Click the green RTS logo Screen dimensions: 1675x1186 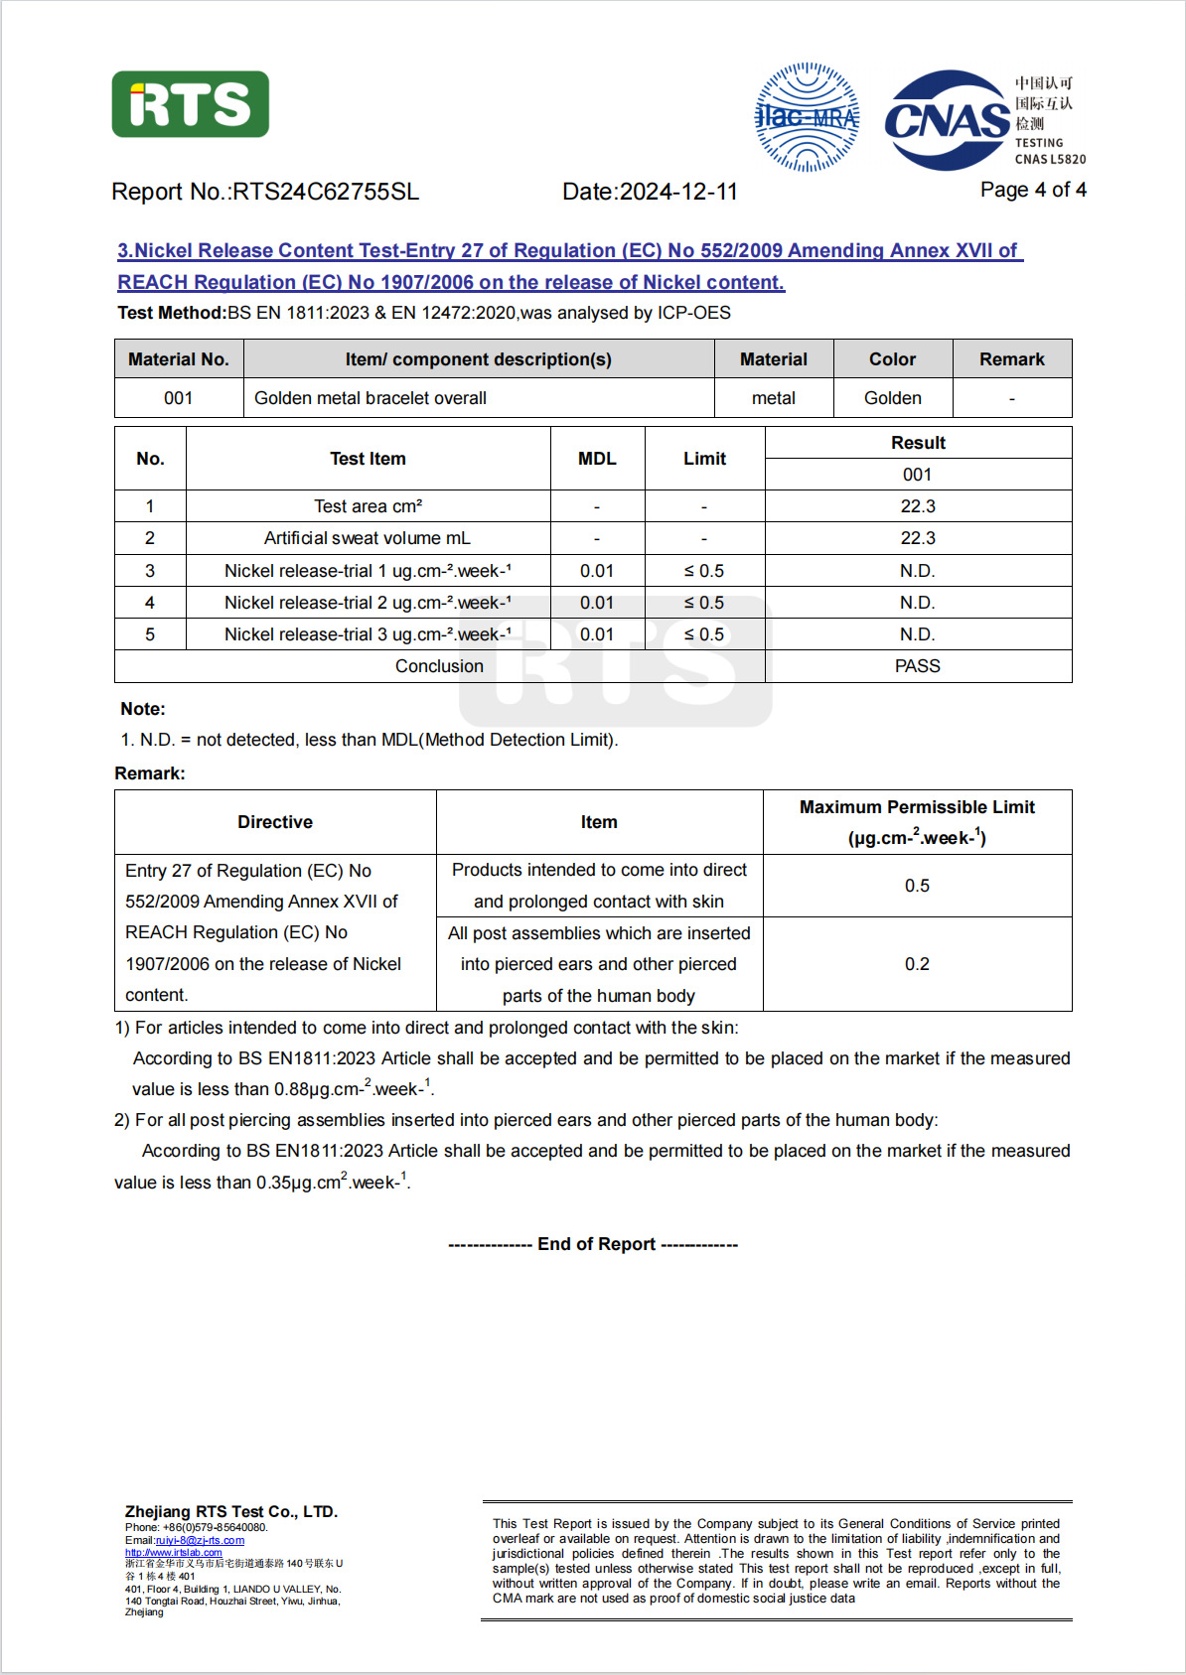point(190,104)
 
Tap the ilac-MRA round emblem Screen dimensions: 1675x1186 point(807,117)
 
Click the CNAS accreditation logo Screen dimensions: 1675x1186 point(948,120)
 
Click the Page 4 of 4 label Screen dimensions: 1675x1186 point(1032,190)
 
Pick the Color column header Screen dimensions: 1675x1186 point(892,359)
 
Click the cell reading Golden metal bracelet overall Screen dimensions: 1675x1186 point(371,398)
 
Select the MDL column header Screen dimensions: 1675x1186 point(597,459)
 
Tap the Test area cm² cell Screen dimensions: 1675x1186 point(368,506)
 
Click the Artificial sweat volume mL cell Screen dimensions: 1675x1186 point(368,538)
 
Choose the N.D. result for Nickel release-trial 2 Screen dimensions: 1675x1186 point(917,603)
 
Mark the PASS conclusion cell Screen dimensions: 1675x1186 point(917,666)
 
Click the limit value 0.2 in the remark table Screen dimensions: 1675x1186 point(917,964)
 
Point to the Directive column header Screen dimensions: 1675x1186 point(275,822)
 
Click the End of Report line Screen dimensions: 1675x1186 point(594,1244)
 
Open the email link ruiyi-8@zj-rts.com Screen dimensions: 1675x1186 point(200,1540)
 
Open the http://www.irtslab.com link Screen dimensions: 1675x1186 point(174,1552)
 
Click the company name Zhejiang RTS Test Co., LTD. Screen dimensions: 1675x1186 point(231,1511)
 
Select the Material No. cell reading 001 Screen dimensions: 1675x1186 point(179,398)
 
